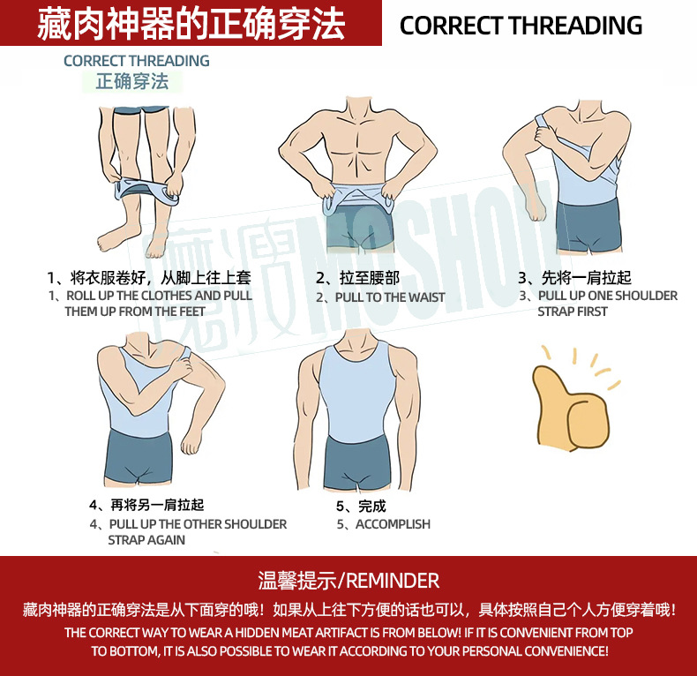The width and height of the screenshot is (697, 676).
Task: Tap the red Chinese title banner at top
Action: coord(191,24)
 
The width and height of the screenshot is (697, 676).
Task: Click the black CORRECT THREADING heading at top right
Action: coord(521,25)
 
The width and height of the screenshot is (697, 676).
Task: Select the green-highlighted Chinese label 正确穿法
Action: coord(131,81)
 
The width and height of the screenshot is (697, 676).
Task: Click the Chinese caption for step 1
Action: coord(149,278)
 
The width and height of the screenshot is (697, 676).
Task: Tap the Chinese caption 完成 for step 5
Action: coord(362,507)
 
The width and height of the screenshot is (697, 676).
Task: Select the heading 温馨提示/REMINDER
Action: coord(348,580)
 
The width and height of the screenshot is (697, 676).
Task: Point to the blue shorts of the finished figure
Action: coord(357,460)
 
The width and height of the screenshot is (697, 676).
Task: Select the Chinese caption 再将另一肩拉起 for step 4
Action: coord(146,506)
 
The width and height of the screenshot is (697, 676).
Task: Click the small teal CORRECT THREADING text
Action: coord(136,61)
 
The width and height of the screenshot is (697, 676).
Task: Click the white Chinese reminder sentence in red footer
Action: coord(348,610)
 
